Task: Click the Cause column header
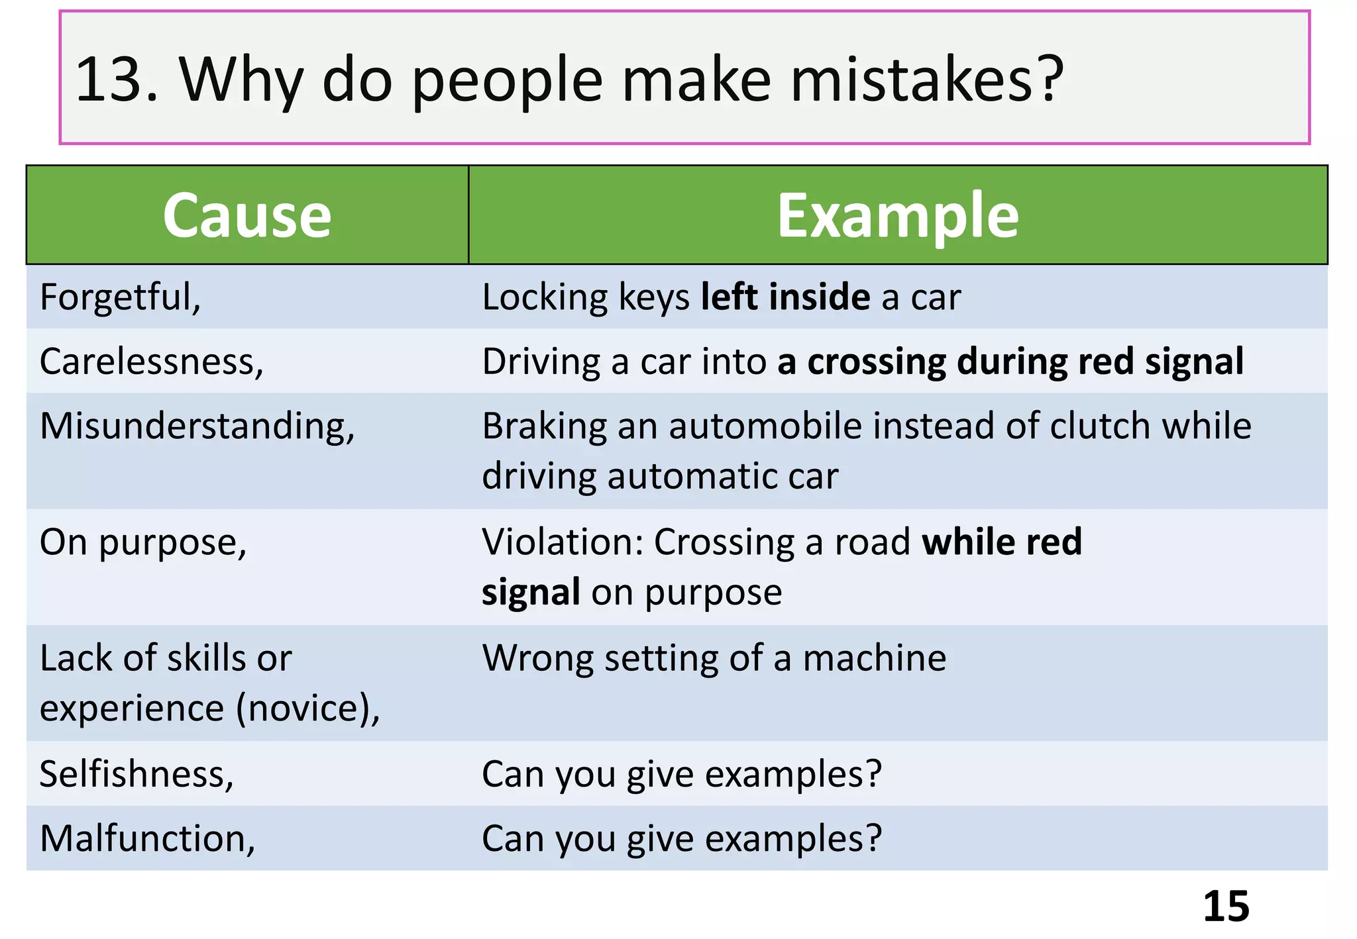pyautogui.click(x=247, y=216)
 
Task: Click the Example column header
pyautogui.click(x=898, y=216)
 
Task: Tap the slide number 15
pyautogui.click(x=1226, y=906)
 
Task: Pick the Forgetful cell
pyautogui.click(x=120, y=297)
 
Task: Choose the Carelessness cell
pyautogui.click(x=152, y=362)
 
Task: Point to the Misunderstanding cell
pyautogui.click(x=197, y=426)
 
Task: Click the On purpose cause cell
pyautogui.click(x=143, y=542)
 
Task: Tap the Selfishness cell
pyautogui.click(x=136, y=774)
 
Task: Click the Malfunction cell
pyautogui.click(x=147, y=838)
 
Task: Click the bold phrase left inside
pyautogui.click(x=786, y=297)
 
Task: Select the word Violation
pyautogui.click(x=563, y=542)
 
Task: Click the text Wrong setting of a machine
pyautogui.click(x=714, y=658)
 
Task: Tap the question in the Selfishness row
pyautogui.click(x=682, y=774)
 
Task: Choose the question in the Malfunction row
pyautogui.click(x=682, y=838)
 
